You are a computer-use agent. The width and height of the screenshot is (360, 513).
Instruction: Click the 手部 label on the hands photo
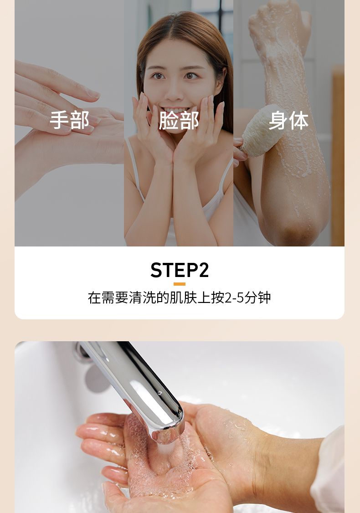tap(69, 120)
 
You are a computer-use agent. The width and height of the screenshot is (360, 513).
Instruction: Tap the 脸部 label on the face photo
tap(179, 120)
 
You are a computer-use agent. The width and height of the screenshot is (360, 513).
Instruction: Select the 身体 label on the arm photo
tap(288, 120)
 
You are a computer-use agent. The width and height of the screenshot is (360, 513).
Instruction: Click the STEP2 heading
tap(180, 270)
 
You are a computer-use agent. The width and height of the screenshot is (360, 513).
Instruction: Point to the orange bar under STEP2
tap(180, 284)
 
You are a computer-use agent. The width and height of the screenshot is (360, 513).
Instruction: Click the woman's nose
tap(174, 92)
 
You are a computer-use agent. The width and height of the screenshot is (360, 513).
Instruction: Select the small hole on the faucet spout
tap(159, 392)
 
